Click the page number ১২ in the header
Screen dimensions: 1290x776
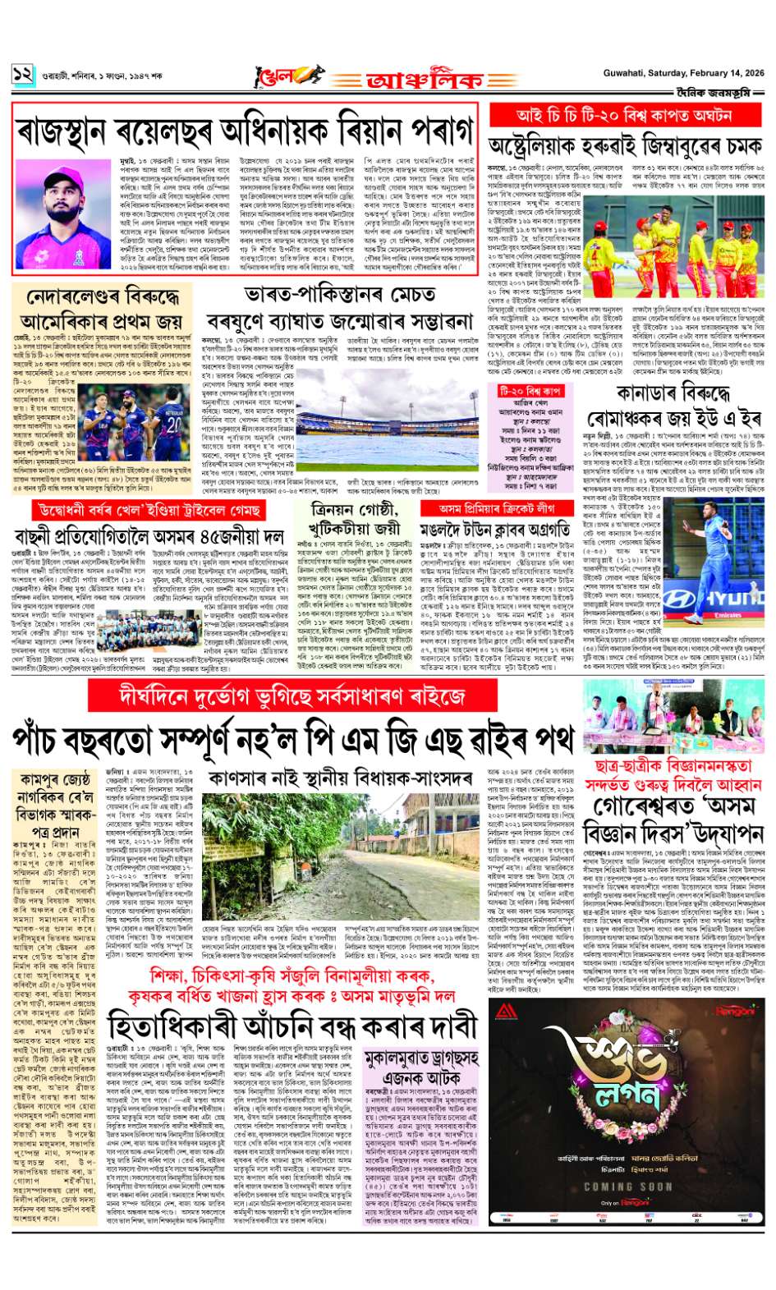point(21,75)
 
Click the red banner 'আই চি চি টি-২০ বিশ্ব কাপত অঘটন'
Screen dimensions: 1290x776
point(623,115)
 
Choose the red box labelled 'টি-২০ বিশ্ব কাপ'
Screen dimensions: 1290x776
point(530,392)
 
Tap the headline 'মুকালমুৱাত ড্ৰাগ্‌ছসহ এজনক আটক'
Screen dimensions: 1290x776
point(420,1066)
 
